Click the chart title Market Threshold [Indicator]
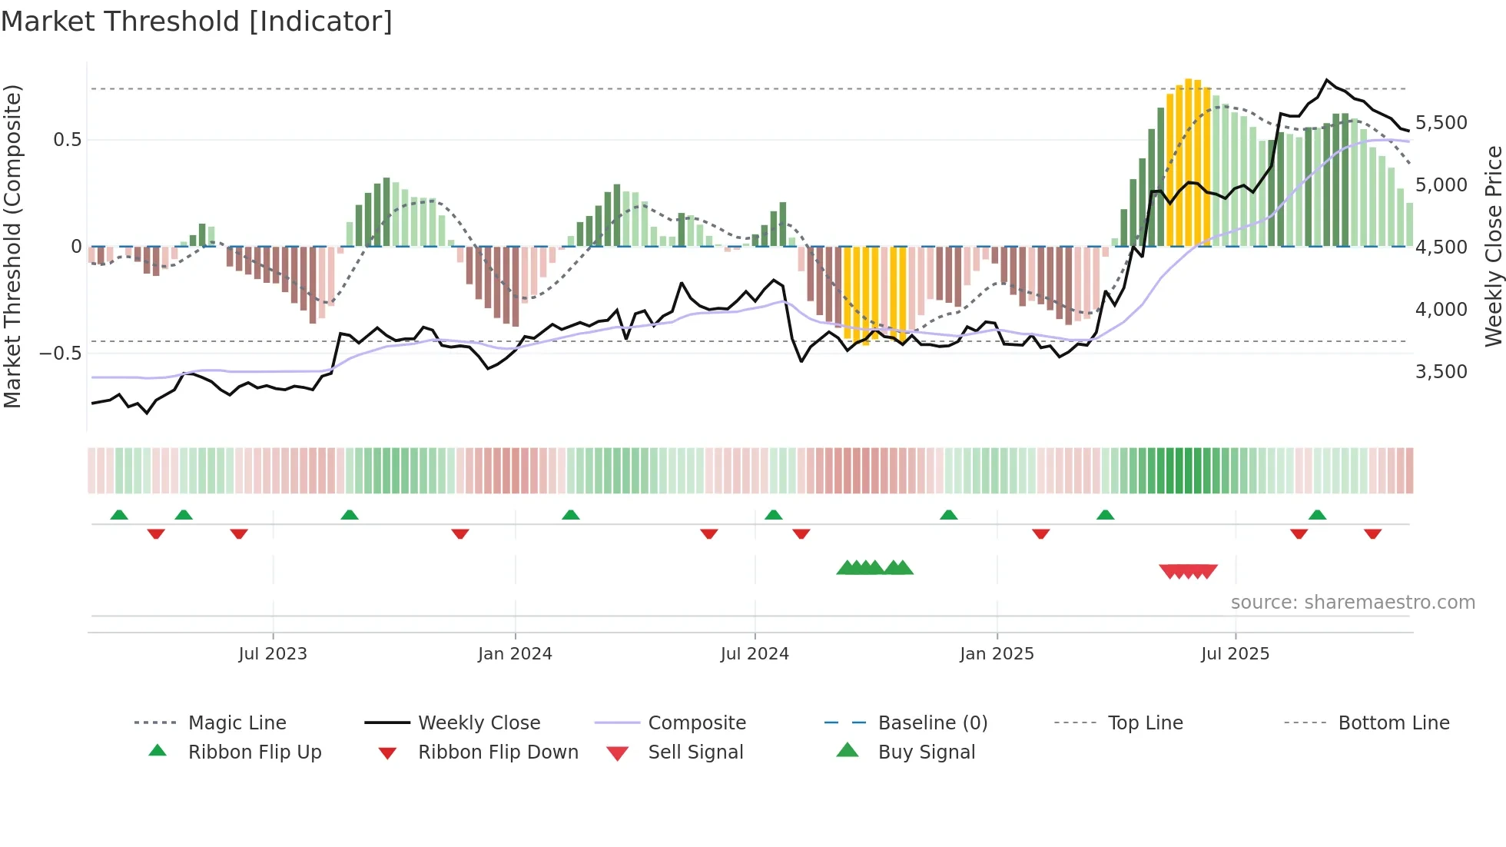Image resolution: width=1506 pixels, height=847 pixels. tap(197, 22)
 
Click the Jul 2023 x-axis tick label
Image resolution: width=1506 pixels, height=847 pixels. tap(272, 654)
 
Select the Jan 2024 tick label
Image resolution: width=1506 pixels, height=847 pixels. tap(515, 654)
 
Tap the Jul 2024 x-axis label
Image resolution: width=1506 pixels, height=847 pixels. tap(755, 654)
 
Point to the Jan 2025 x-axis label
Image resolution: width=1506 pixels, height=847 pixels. tap(997, 654)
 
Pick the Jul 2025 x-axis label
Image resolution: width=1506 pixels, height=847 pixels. tap(1235, 654)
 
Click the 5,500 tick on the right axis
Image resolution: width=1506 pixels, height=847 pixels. tap(1441, 123)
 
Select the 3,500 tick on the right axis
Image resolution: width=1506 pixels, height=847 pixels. tap(1441, 372)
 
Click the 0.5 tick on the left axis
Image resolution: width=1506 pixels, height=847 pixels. tap(67, 140)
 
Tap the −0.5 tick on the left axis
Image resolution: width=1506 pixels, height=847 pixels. tap(61, 354)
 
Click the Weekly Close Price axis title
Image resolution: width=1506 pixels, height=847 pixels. tap(1493, 246)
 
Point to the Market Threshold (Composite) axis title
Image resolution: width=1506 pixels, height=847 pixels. tap(12, 246)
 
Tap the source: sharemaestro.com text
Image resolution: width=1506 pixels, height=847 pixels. tap(1352, 603)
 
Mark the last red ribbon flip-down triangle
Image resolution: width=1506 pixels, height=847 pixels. tap(1372, 533)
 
